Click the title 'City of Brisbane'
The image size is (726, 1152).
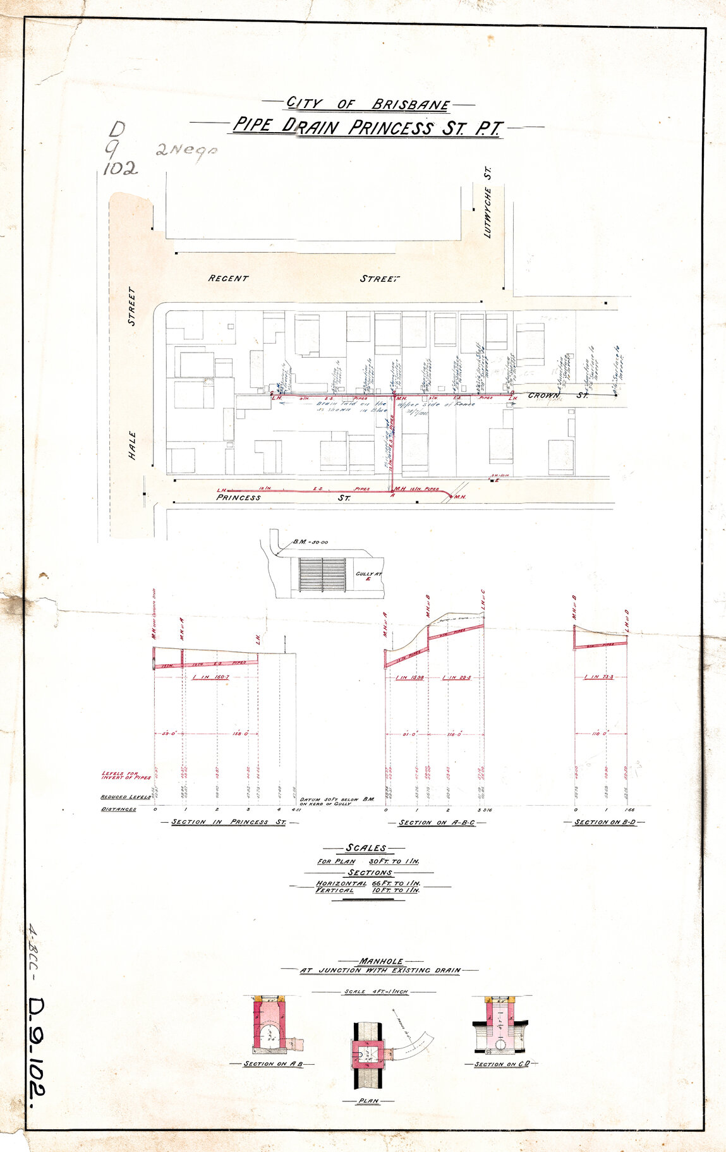click(368, 104)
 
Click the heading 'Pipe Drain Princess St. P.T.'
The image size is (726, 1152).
click(367, 127)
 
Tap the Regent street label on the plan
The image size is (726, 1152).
click(228, 278)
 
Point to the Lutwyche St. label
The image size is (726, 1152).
click(487, 202)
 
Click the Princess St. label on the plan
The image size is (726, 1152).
click(238, 497)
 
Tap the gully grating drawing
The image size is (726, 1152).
click(322, 574)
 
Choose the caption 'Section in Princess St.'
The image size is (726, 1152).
click(229, 822)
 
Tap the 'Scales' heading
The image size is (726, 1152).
click(365, 848)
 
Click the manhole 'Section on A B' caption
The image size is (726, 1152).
click(274, 1064)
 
